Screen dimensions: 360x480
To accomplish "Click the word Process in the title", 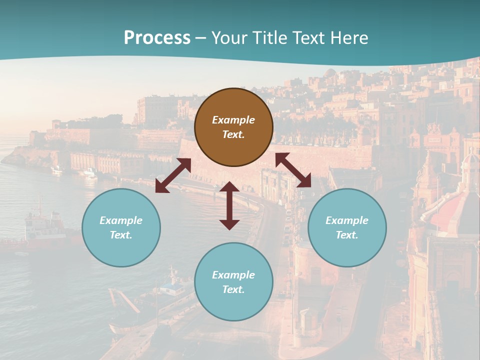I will point(157,38).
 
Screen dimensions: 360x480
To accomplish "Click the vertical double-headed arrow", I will point(229,205).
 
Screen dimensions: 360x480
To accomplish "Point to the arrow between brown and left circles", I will point(173,175).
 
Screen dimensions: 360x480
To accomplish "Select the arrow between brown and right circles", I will point(293,170).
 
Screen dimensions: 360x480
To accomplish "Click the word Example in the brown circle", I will point(233,120).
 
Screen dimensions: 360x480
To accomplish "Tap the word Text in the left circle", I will point(121,235).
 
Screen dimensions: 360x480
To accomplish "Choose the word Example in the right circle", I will point(347,220).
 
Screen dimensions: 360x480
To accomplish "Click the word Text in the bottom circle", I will point(233,289).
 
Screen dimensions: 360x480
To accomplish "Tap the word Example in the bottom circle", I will point(233,275).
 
